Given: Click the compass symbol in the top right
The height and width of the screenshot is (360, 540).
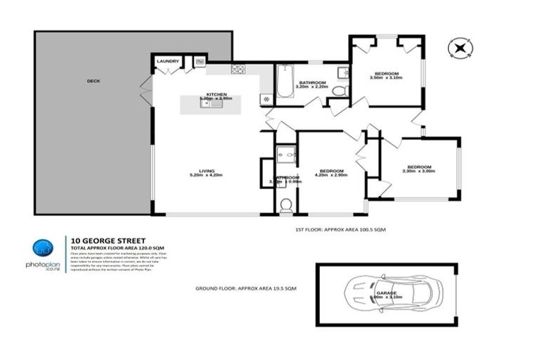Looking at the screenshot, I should (458, 48).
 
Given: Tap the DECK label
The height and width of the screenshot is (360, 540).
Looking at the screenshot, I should (94, 81).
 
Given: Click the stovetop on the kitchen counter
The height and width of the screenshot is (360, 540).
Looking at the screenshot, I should (238, 69).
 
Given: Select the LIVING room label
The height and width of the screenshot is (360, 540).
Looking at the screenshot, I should (206, 170).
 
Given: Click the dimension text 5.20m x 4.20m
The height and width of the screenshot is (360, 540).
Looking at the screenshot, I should (206, 176).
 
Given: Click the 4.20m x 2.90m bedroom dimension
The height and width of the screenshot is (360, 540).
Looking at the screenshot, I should (331, 176).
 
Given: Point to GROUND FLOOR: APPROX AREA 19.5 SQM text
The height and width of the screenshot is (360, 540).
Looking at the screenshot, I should (245, 289).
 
